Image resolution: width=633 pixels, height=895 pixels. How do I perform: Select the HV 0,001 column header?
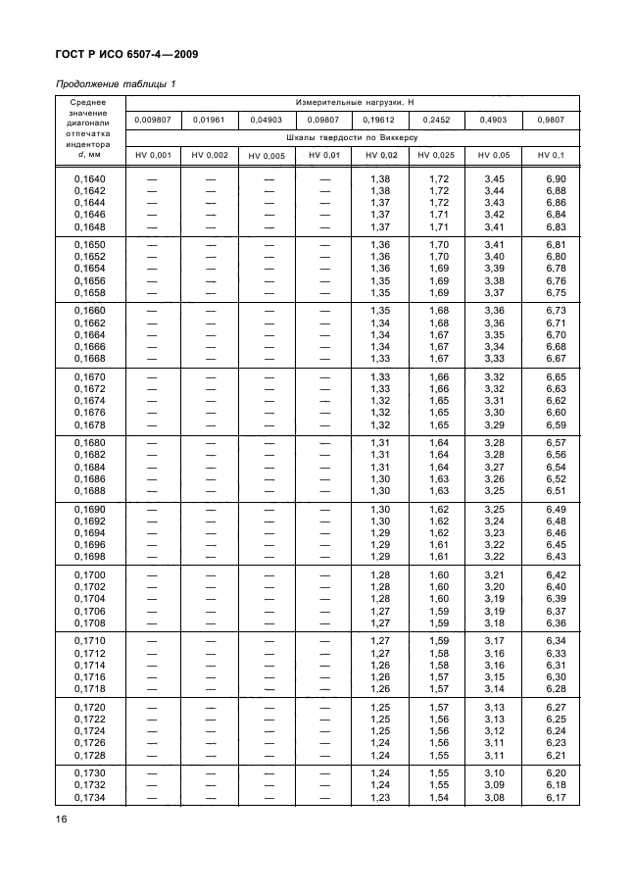[153, 155]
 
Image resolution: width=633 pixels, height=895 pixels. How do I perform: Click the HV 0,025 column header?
[435, 155]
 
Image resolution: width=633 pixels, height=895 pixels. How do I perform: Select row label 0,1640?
[90, 179]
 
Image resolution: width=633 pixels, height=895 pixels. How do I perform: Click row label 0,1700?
[90, 574]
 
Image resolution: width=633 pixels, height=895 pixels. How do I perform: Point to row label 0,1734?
[90, 797]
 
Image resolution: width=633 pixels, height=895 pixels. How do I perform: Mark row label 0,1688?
[90, 490]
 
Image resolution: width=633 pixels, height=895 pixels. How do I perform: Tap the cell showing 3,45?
[493, 179]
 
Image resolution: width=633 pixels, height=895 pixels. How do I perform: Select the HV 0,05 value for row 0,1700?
[493, 574]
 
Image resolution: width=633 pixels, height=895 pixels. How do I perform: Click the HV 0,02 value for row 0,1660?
[380, 311]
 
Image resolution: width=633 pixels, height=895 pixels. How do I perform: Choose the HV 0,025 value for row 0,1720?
[438, 706]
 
